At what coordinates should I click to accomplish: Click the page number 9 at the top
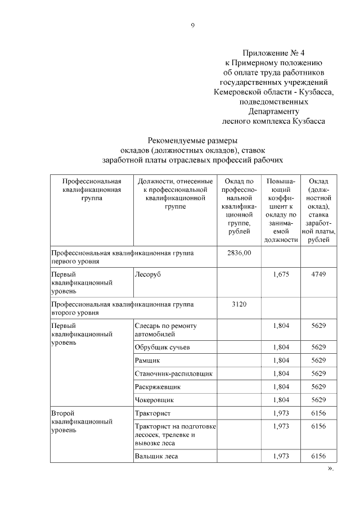pos(192,25)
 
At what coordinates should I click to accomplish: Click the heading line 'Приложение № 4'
pos(273,52)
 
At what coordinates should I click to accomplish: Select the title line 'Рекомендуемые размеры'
pos(192,140)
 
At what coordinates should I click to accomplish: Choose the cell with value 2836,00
pos(239,253)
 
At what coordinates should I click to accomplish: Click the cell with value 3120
pos(239,304)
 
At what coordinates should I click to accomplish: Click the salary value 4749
pos(318,274)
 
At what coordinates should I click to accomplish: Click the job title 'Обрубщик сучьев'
pos(162,348)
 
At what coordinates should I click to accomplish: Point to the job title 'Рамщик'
pos(147,361)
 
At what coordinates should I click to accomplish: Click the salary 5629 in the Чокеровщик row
pos(318,400)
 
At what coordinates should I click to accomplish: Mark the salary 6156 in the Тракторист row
pos(318,413)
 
